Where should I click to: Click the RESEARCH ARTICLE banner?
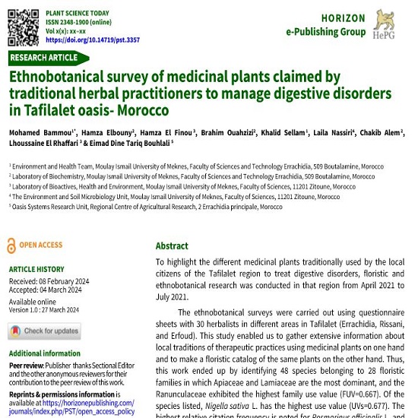[x=44, y=58]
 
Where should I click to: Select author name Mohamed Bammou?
[x=34, y=131]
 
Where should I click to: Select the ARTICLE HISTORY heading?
[x=36, y=269]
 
